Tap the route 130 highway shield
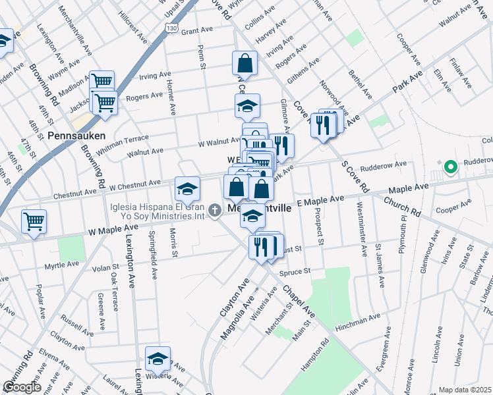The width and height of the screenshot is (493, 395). point(171,28)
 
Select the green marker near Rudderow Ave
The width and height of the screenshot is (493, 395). point(451,168)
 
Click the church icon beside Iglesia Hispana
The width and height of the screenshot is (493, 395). point(214,211)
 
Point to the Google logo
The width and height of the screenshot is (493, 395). point(21,387)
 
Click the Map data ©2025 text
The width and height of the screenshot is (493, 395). point(465,390)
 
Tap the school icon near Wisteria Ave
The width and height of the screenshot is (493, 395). point(158,359)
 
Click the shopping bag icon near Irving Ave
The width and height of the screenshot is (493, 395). point(245,64)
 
